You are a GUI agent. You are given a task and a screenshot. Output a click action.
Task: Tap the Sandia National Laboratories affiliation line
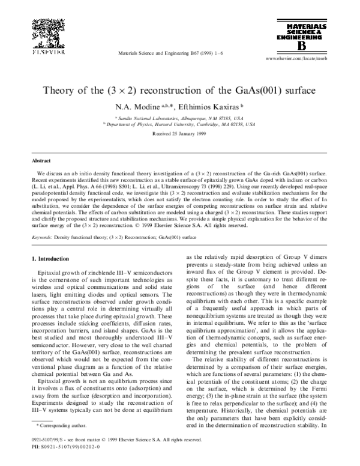point(180,120)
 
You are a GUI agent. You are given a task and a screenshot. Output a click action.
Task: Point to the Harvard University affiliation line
point(180,126)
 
